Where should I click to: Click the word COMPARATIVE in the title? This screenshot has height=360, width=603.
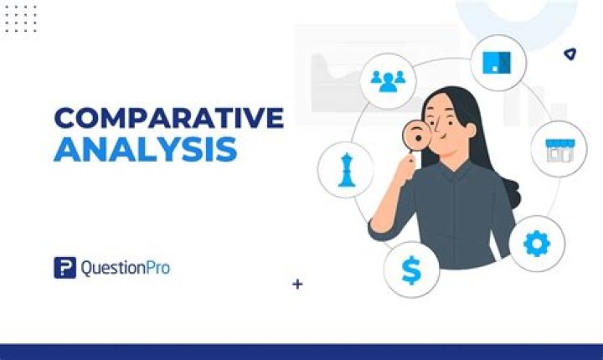click(x=168, y=118)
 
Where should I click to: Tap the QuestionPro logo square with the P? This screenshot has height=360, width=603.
click(x=64, y=268)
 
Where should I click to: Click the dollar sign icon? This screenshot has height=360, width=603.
click(x=411, y=270)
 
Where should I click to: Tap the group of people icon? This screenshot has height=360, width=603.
click(x=388, y=81)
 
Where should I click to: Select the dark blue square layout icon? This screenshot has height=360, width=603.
click(x=497, y=61)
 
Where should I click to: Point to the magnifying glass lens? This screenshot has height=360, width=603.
click(x=415, y=134)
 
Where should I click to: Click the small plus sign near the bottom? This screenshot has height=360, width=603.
click(x=297, y=284)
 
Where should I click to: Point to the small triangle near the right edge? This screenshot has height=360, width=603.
click(x=569, y=54)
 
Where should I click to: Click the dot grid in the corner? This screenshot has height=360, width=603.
click(x=20, y=18)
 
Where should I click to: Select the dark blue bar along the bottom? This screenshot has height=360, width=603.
click(x=301, y=352)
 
